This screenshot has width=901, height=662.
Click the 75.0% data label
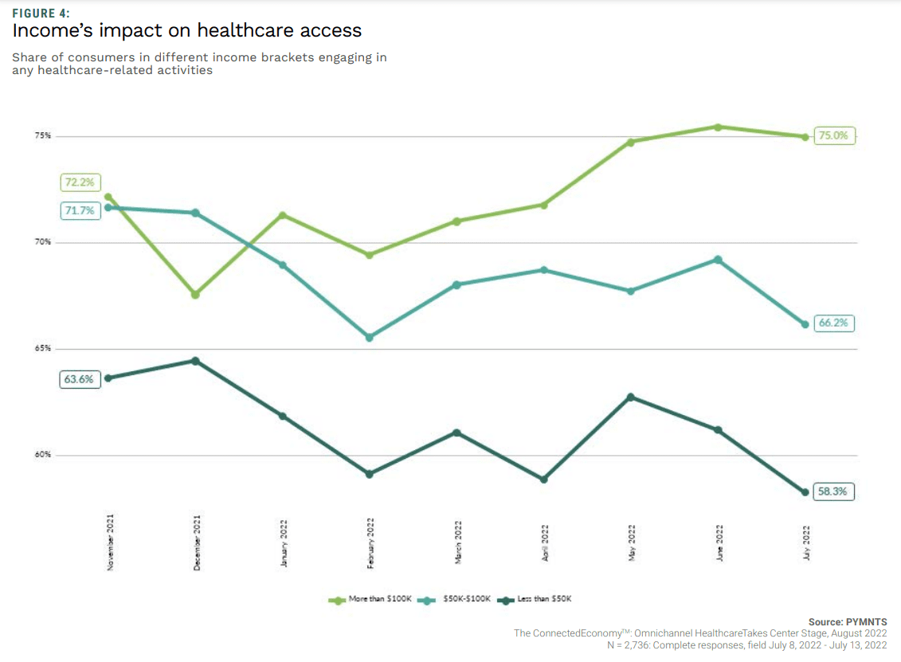click(x=833, y=136)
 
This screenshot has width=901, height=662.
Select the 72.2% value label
click(x=79, y=182)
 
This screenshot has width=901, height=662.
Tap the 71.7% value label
click(x=79, y=211)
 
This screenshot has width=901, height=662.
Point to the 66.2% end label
click(x=833, y=323)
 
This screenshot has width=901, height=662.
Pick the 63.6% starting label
click(x=79, y=379)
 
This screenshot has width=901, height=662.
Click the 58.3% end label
click(x=833, y=492)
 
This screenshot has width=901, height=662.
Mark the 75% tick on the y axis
click(x=42, y=136)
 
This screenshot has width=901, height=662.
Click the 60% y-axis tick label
click(x=42, y=456)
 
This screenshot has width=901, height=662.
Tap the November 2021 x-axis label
click(x=110, y=542)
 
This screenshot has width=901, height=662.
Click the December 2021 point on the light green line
click(x=196, y=295)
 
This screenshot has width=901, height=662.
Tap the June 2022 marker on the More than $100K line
click(x=718, y=127)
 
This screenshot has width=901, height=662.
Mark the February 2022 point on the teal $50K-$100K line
click(x=370, y=338)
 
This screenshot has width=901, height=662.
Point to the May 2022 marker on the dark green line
click(x=631, y=397)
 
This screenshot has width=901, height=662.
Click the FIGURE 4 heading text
click(x=41, y=13)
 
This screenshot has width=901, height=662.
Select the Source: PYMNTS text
click(x=848, y=622)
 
